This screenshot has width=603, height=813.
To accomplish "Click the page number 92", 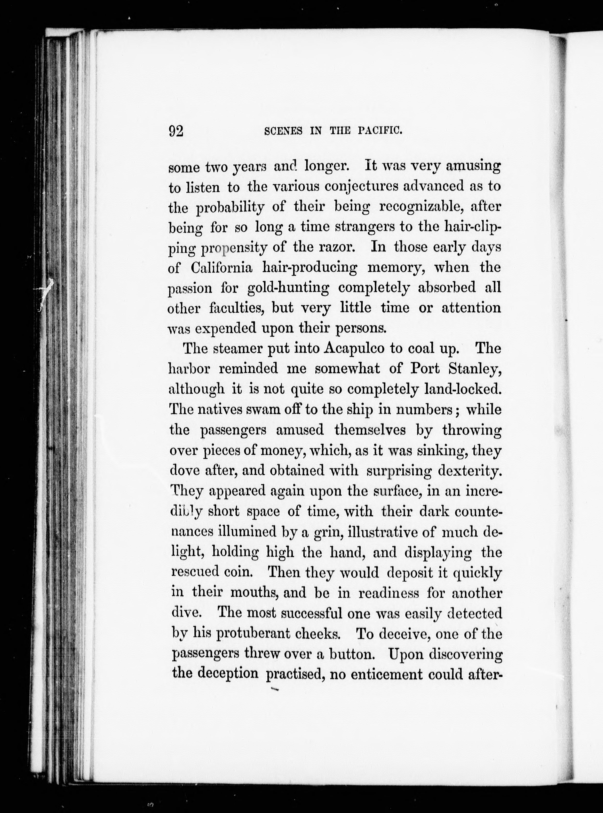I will pos(176,130).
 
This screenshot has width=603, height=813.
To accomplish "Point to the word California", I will pos(222,268).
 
